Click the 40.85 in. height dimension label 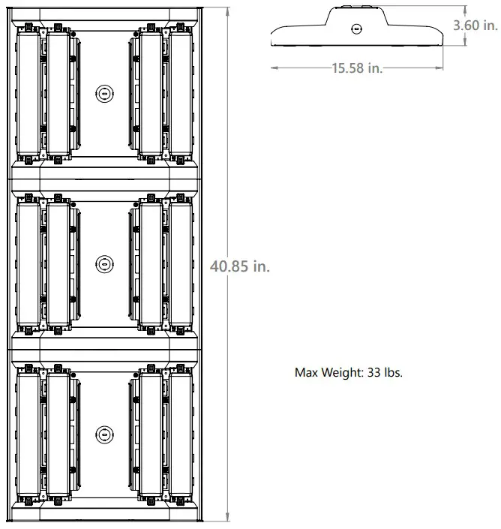[240, 266]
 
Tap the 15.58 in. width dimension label [357, 68]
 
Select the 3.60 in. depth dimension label [475, 25]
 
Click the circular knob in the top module [103, 93]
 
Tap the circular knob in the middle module [103, 263]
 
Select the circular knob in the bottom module [103, 434]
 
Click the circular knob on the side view [356, 29]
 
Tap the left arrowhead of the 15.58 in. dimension [273, 68]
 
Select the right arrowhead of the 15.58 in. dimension [440, 68]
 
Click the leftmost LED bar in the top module [27, 93]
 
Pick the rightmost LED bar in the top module [180, 93]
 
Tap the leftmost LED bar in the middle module [27, 263]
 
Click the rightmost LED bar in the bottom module [180, 434]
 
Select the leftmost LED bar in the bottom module [27, 434]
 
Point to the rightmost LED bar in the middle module [180, 263]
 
